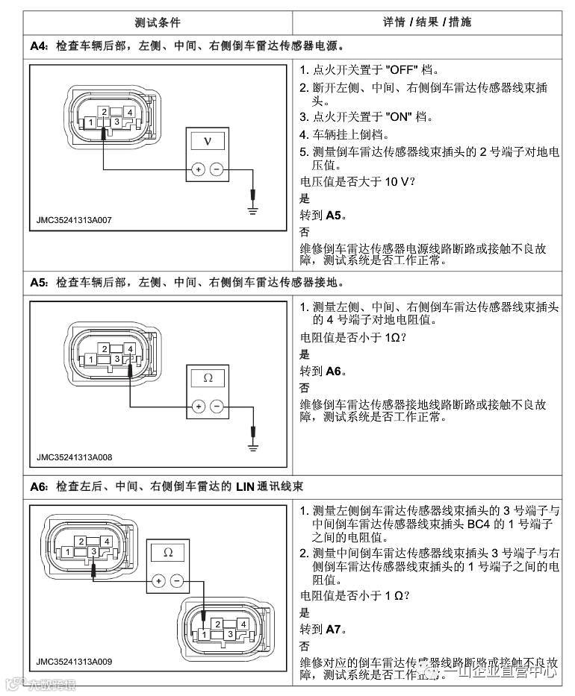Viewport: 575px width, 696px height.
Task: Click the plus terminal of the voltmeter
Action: coord(198,169)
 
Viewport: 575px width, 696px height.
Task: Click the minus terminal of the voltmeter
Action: coord(217,169)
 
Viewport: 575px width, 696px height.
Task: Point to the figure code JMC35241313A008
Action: coord(74,457)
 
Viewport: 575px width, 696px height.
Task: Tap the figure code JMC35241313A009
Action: coord(74,662)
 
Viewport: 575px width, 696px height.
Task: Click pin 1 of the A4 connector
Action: coord(90,122)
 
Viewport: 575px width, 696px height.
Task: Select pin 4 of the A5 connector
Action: coord(130,348)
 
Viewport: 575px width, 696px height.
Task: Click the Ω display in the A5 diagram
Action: coord(208,377)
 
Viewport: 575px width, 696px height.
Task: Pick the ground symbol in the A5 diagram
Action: coord(253,448)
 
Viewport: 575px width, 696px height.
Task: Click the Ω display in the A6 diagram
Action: coord(167,552)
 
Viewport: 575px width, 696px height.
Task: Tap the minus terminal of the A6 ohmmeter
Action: coord(177,580)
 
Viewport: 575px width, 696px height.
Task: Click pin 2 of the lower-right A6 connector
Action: coord(217,623)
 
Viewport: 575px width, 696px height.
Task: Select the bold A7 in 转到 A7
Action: coord(334,629)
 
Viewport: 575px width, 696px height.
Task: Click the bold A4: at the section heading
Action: coord(40,46)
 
